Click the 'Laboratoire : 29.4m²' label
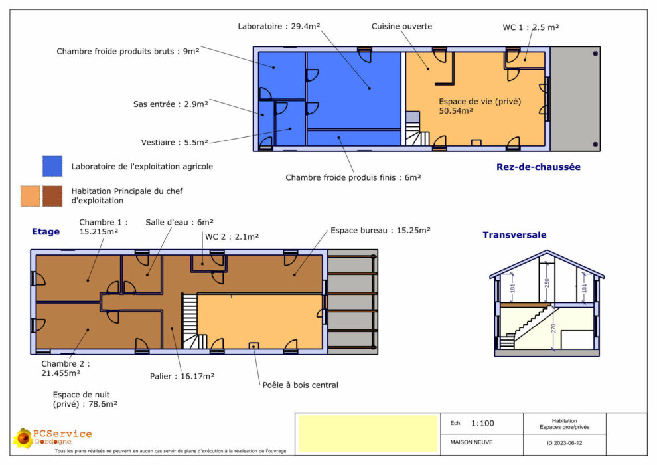coord(279,26)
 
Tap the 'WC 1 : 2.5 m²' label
coord(531,27)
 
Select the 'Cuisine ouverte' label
coord(402,26)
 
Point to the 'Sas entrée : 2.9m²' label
coord(171,104)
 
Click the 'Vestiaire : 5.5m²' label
coord(175,143)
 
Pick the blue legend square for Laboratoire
coord(52,166)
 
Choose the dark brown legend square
coord(52,196)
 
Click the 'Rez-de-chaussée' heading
coord(538,167)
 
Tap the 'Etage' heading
coord(46,231)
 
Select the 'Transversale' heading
coord(514,234)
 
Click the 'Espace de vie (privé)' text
coord(480,102)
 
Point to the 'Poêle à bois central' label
coord(301,385)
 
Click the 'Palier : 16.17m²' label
coord(183,376)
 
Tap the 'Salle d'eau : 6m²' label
coord(179,222)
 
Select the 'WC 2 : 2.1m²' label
coord(232,237)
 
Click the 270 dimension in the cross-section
coord(553,328)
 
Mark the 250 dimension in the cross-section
coord(546,284)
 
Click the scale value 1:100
coord(482,424)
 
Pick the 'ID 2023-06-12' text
coord(564,443)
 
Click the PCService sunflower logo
coord(23,438)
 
